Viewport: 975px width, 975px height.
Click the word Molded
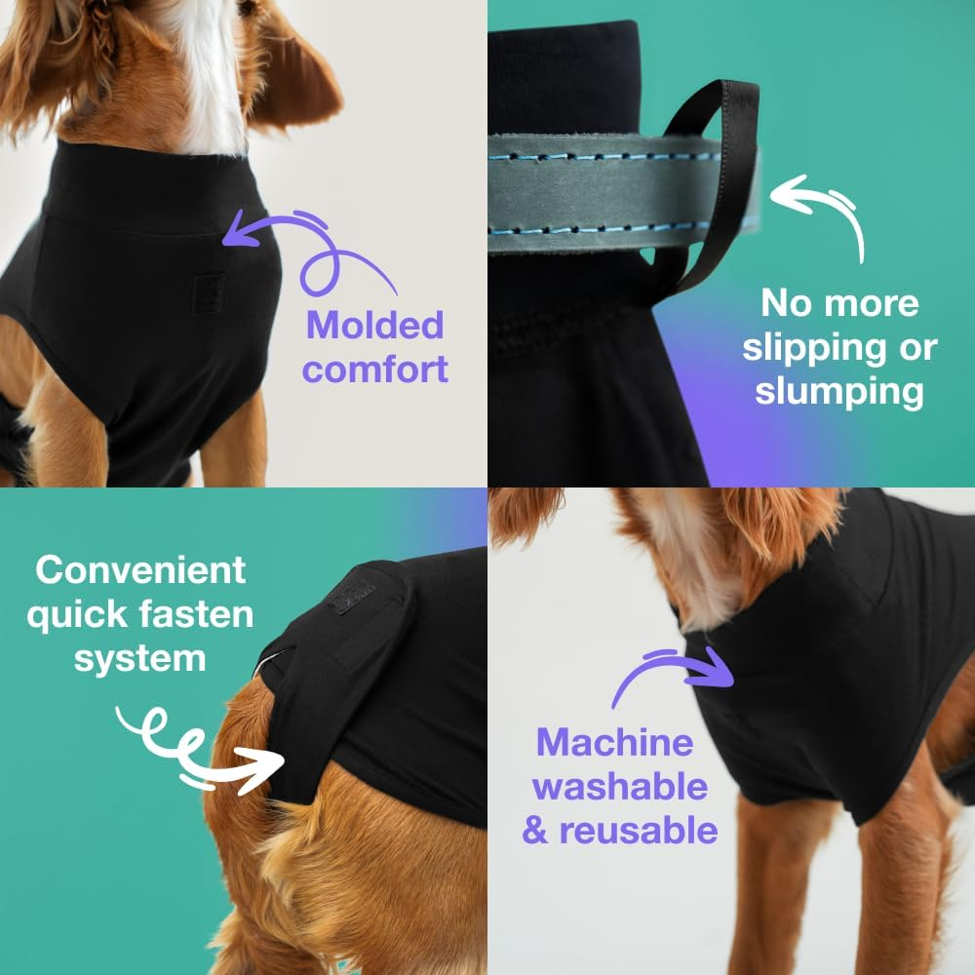pyautogui.click(x=374, y=326)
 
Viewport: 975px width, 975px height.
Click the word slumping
pyautogui.click(x=838, y=391)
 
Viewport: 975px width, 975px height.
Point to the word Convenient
pyautogui.click(x=140, y=570)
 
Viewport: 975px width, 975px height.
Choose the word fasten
pyautogui.click(x=199, y=615)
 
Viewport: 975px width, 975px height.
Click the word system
pyautogui.click(x=140, y=658)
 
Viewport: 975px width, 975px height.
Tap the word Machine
pyautogui.click(x=614, y=743)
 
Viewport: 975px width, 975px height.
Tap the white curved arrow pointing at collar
pyautogui.click(x=819, y=210)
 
